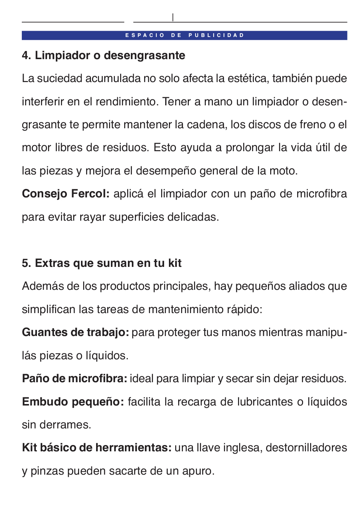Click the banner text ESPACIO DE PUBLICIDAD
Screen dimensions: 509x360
pyautogui.click(x=185, y=35)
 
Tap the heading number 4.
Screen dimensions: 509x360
pyautogui.click(x=26, y=55)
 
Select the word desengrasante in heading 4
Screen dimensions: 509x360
pyautogui.click(x=145, y=55)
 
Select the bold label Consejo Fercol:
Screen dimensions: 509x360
pyautogui.click(x=66, y=194)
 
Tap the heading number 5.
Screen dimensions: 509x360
pyautogui.click(x=26, y=263)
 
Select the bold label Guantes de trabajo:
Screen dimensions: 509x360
pyautogui.click(x=75, y=332)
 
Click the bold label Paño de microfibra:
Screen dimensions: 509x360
pyautogui.click(x=75, y=379)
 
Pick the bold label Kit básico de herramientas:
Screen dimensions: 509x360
pyautogui.click(x=97, y=448)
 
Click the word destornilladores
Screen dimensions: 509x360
pyautogui.click(x=306, y=448)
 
